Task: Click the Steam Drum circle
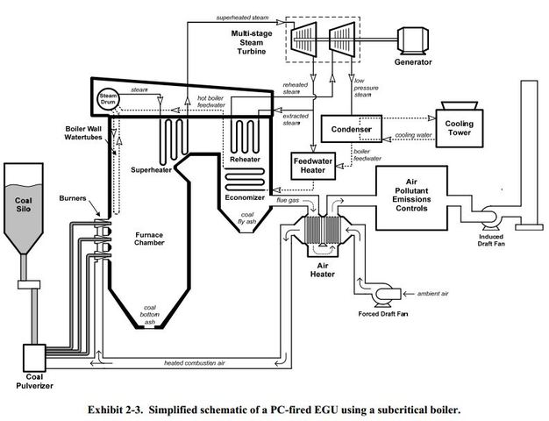[x=109, y=98]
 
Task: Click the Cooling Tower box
[x=460, y=130]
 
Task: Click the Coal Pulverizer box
[x=34, y=356]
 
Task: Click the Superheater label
[x=153, y=169]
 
